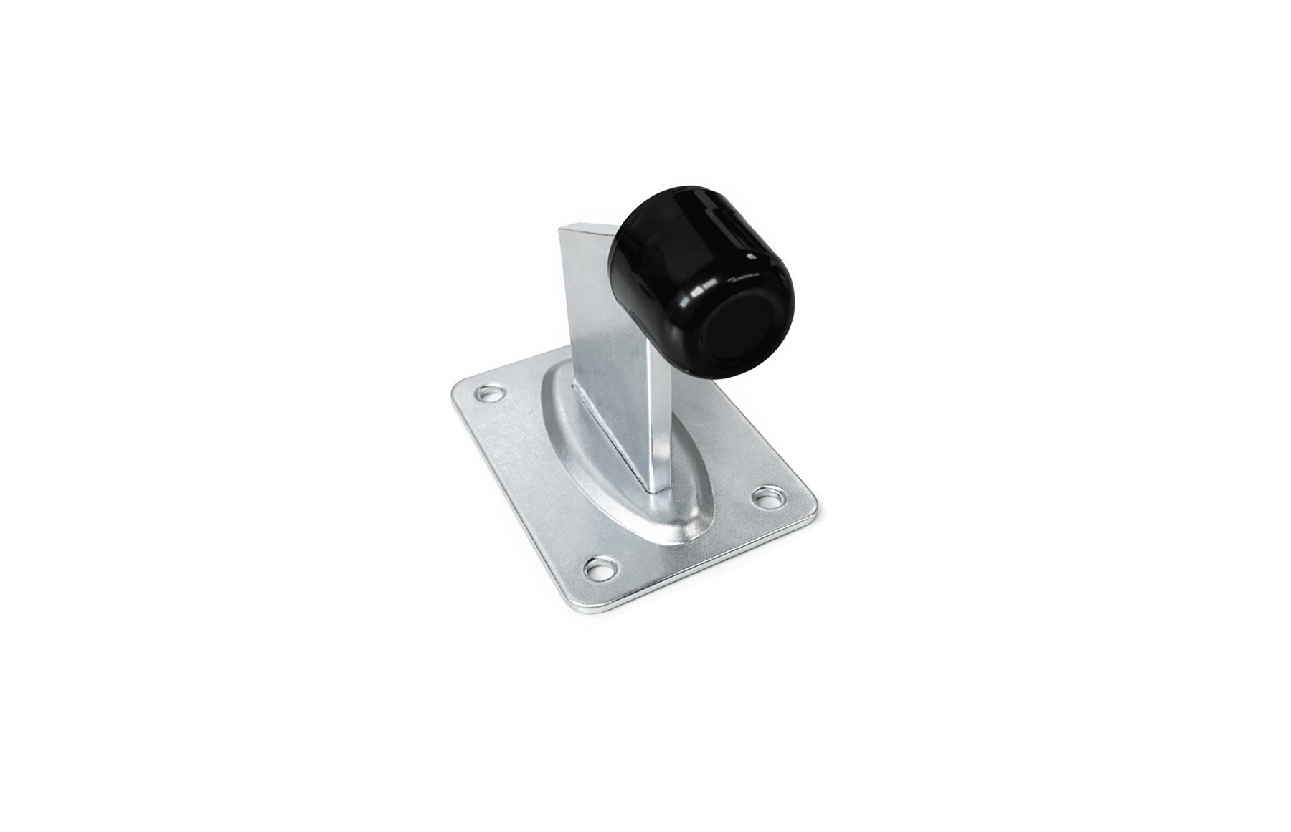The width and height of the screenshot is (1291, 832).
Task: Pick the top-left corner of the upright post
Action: pos(561,228)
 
